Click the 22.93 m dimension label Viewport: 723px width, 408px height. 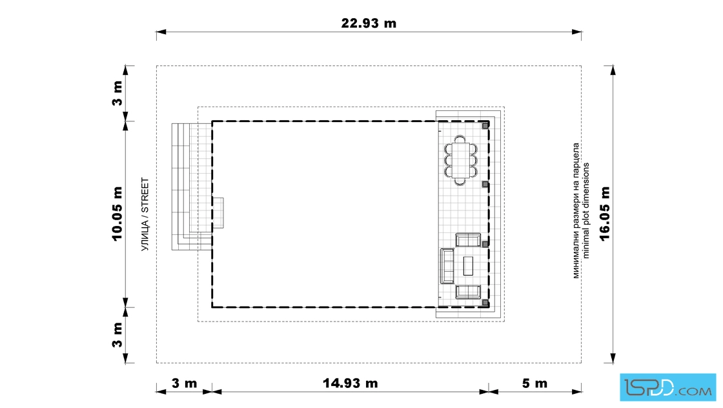pyautogui.click(x=369, y=23)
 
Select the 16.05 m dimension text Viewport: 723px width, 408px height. pyautogui.click(x=605, y=214)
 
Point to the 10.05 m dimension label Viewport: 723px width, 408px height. pyautogui.click(x=117, y=214)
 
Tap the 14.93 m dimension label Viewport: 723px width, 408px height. pyautogui.click(x=350, y=383)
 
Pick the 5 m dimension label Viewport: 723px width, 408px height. pyautogui.click(x=535, y=383)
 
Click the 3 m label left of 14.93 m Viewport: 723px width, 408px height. pyautogui.click(x=184, y=383)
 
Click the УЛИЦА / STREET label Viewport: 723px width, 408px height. pyautogui.click(x=145, y=214)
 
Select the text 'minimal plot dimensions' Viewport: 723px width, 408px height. pyautogui.click(x=586, y=210)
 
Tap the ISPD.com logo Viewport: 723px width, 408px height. pyautogui.click(x=667, y=387)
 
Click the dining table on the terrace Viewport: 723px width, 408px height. pyautogui.click(x=460, y=160)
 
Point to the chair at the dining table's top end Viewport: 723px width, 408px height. pyautogui.click(x=460, y=139)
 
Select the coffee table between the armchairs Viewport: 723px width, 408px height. pyautogui.click(x=468, y=265)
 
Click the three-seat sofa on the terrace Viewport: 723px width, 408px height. pyautogui.click(x=447, y=266)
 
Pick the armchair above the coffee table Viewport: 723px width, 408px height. pyautogui.click(x=468, y=240)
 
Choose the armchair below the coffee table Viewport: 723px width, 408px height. pyautogui.click(x=468, y=292)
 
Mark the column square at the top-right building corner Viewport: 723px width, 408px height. pyautogui.click(x=485, y=125)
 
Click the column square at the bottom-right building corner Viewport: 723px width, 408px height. pyautogui.click(x=485, y=303)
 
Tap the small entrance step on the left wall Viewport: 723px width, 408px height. pyautogui.click(x=218, y=213)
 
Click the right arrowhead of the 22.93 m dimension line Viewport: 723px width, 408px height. pyautogui.click(x=576, y=32)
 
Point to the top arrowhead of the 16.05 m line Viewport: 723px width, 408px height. pyautogui.click(x=613, y=70)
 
